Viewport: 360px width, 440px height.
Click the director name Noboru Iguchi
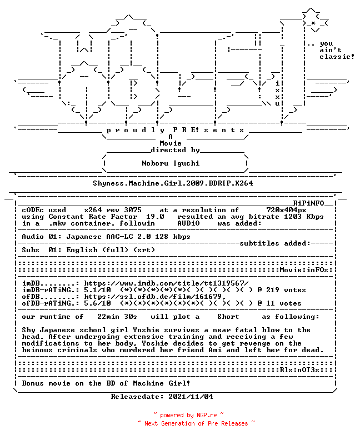click(x=171, y=163)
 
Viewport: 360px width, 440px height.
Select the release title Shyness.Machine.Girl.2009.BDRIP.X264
click(x=173, y=183)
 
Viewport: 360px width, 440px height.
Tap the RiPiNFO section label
click(x=309, y=203)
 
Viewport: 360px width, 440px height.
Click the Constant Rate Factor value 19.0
click(x=155, y=217)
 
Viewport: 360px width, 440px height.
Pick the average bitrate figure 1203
click(x=293, y=217)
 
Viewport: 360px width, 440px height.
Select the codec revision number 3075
click(x=133, y=210)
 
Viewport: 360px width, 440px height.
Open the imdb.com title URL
click(x=166, y=283)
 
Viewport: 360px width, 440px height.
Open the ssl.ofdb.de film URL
click(x=155, y=297)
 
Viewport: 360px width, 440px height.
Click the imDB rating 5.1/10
click(x=97, y=290)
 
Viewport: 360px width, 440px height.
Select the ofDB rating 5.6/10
click(x=97, y=303)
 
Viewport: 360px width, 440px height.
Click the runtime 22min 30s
click(x=117, y=317)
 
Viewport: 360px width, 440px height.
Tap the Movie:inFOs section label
click(x=304, y=270)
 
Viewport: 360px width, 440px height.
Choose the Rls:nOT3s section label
click(x=299, y=370)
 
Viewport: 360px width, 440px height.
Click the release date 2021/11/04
click(x=191, y=397)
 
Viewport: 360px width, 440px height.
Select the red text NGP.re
click(x=207, y=415)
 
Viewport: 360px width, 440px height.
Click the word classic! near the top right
click(x=337, y=57)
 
